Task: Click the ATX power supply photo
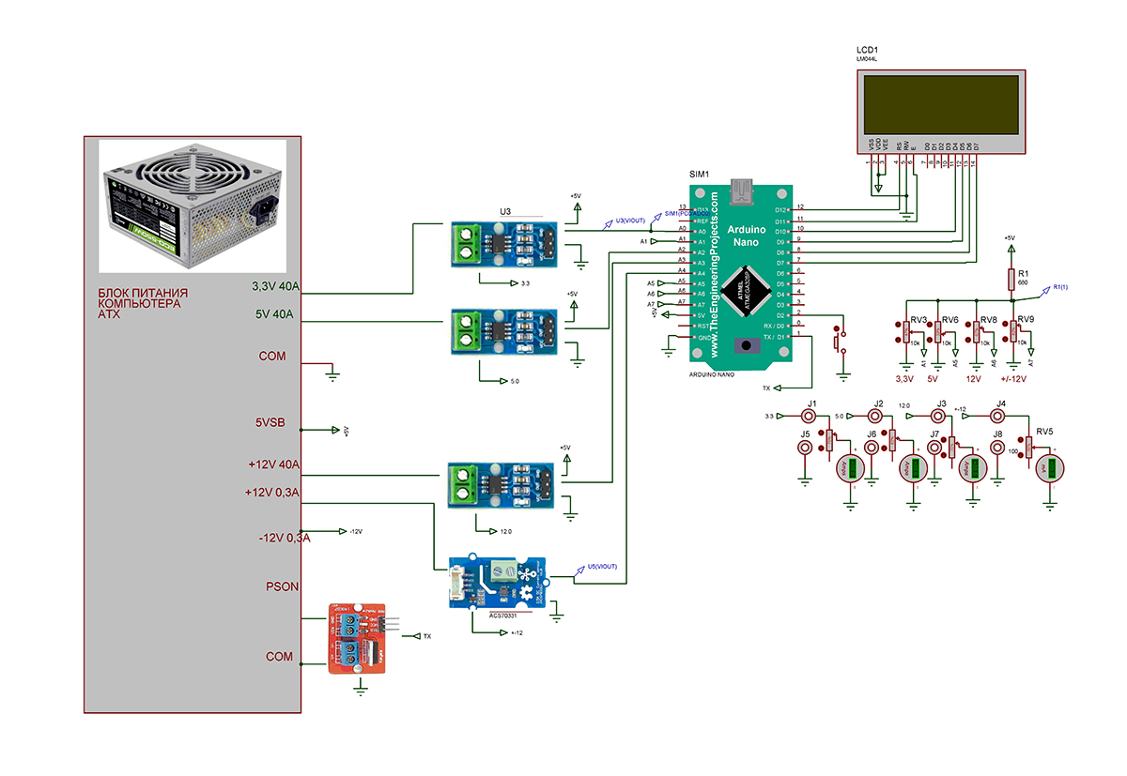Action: [193, 205]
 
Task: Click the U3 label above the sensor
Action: [504, 213]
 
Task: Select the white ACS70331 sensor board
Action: [495, 583]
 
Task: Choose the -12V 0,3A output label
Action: [284, 538]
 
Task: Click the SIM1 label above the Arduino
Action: [699, 175]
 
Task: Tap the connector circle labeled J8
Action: [997, 449]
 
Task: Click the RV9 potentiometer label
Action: [1026, 320]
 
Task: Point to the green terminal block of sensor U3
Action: [464, 241]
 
